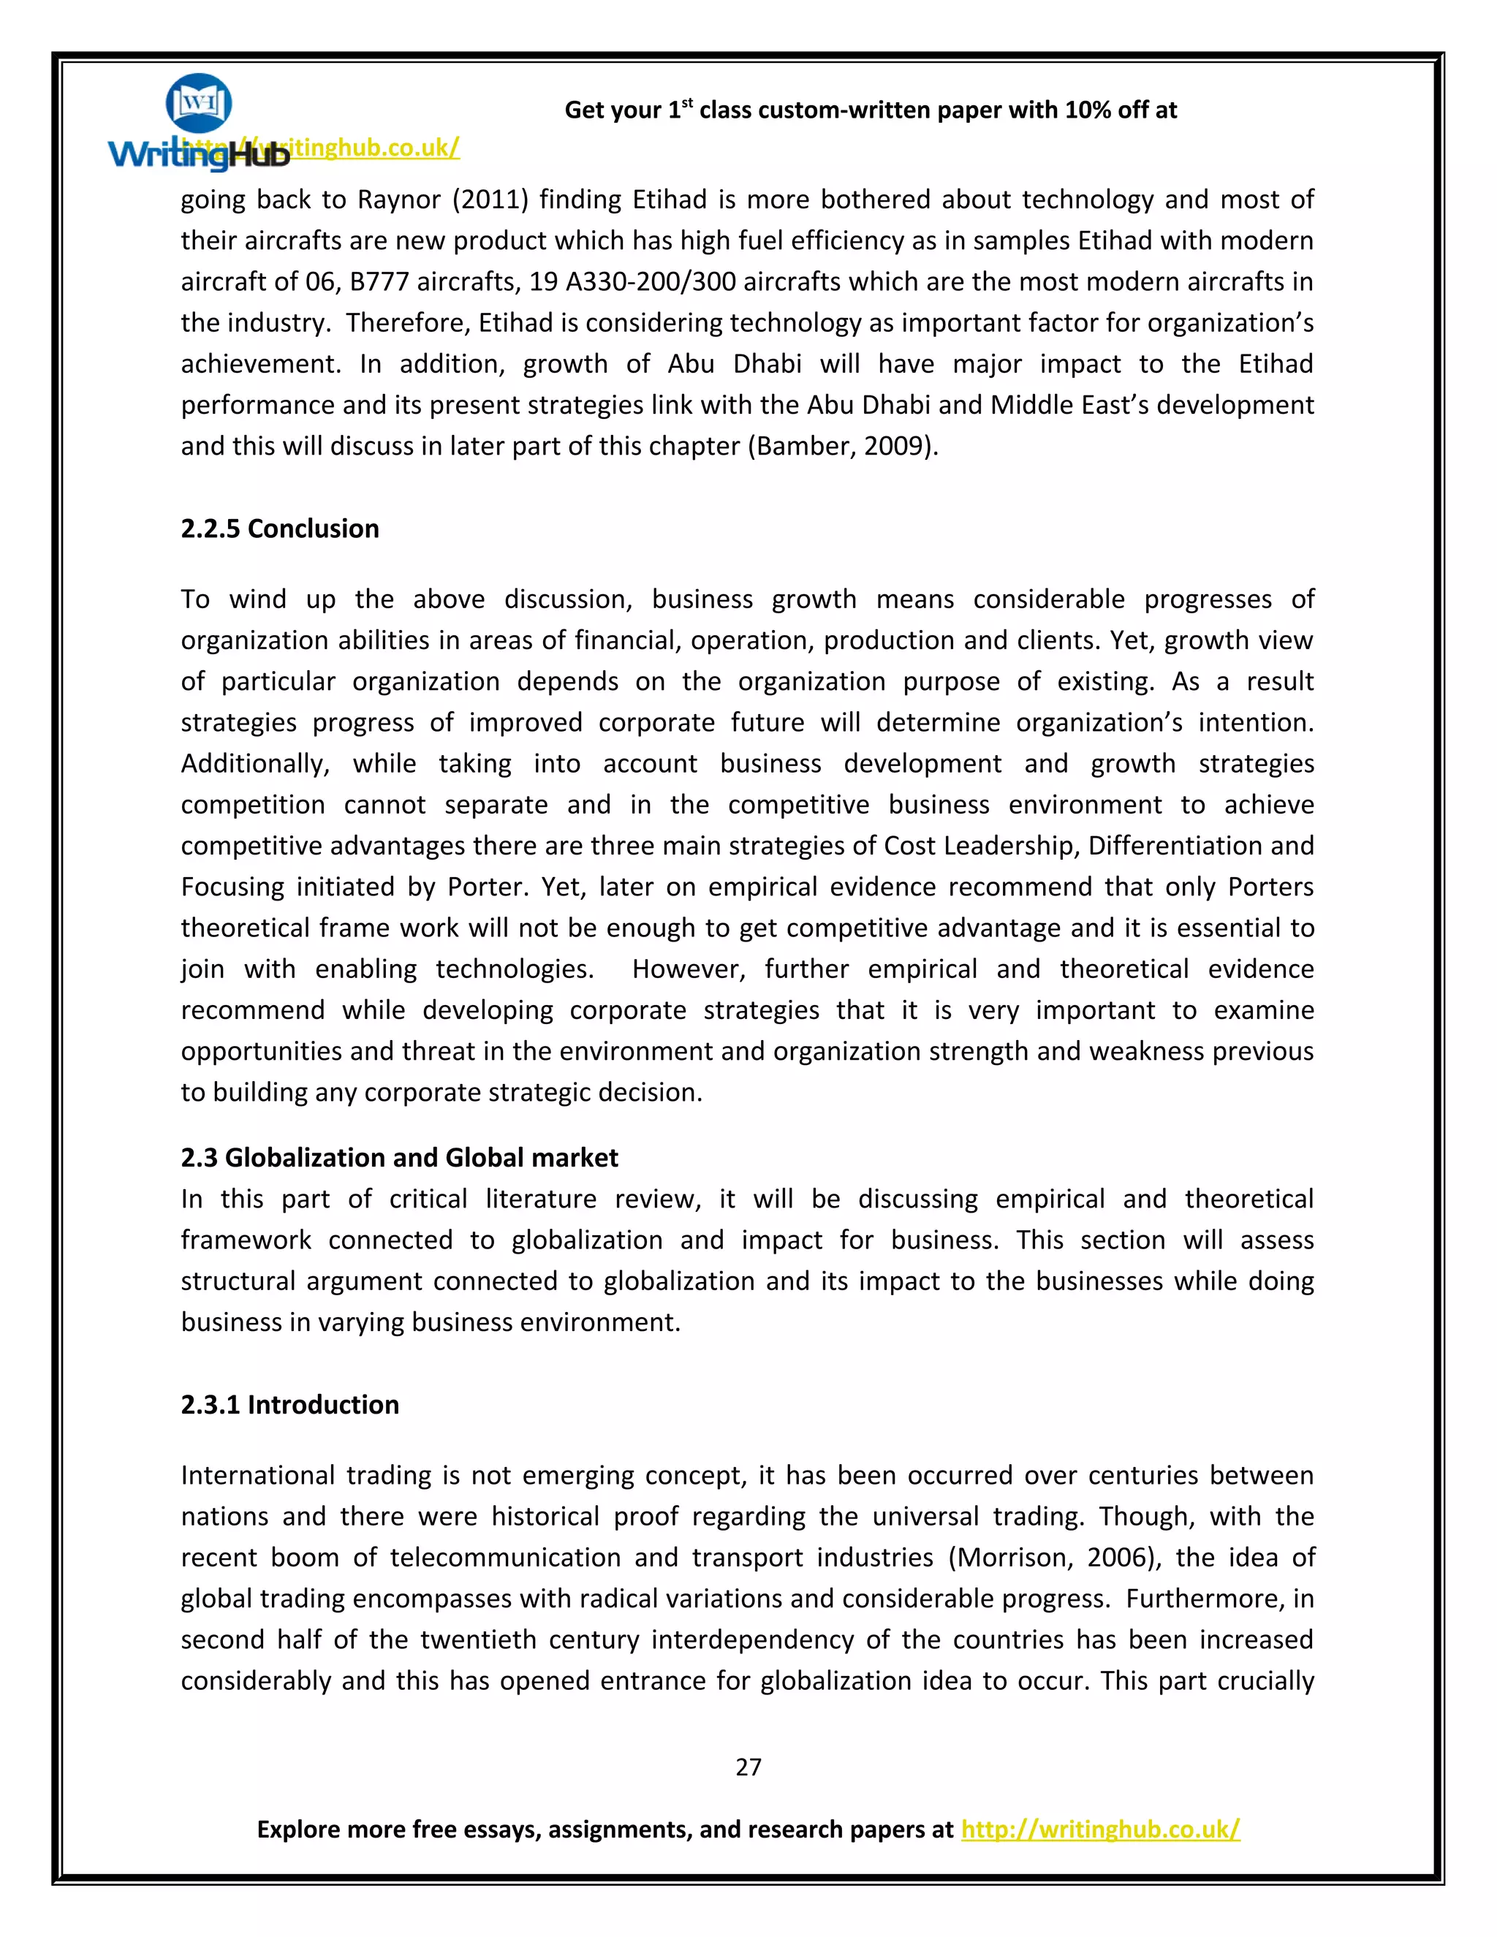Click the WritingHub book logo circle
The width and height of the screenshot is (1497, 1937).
(x=199, y=104)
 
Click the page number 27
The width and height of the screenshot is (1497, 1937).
(x=748, y=1767)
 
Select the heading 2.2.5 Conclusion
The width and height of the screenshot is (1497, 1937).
(x=279, y=528)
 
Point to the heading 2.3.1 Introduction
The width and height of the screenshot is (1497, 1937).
(x=289, y=1405)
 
